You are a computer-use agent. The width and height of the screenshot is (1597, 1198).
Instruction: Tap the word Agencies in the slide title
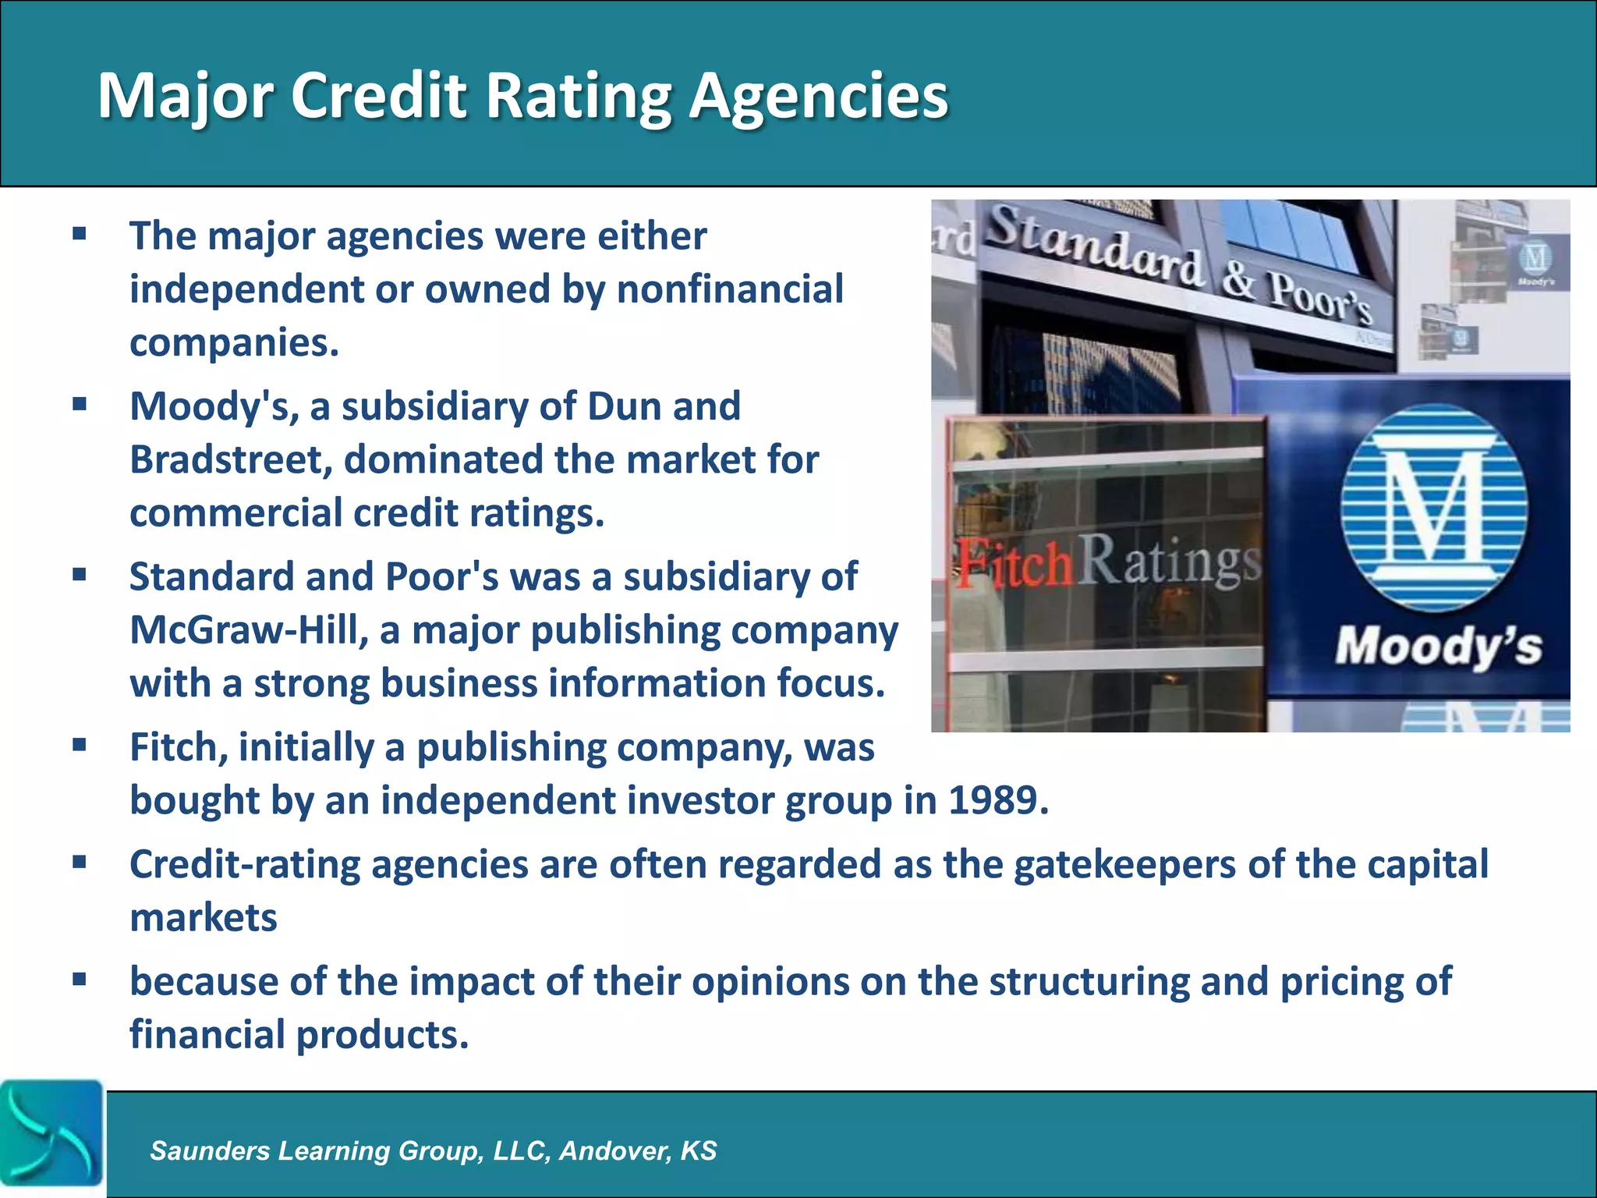point(819,97)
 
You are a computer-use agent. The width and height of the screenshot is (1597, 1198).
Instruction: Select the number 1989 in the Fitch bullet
point(997,800)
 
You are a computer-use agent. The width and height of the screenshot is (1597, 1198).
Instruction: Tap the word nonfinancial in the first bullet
point(730,289)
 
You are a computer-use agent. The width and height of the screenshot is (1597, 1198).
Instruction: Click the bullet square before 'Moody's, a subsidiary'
point(79,405)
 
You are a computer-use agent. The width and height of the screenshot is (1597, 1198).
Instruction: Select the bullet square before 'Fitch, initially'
point(79,746)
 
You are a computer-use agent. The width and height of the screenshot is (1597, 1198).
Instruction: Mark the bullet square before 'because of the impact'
point(79,980)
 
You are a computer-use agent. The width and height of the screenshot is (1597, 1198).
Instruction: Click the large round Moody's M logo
point(1434,508)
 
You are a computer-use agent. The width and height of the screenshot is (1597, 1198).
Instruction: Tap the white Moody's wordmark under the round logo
point(1438,647)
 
